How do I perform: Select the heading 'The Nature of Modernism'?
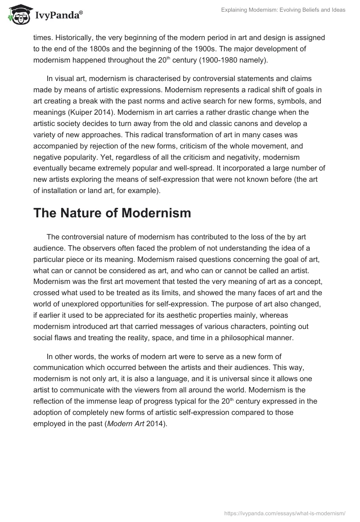[x=112, y=213]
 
